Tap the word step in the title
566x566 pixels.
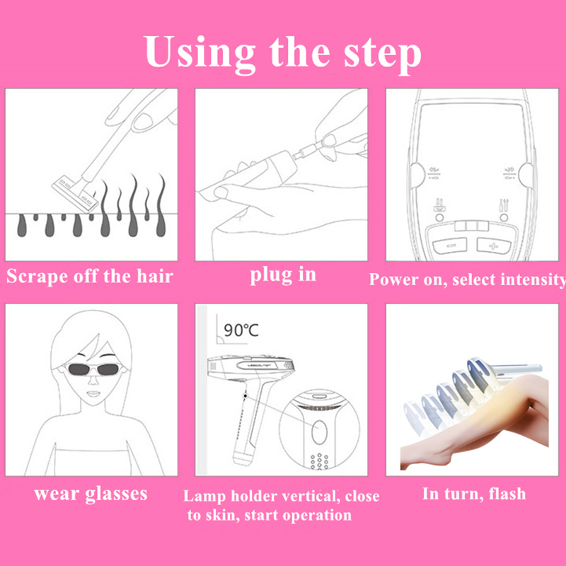pos(383,55)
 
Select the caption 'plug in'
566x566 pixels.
pos(283,276)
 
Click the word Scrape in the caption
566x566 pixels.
pos(37,277)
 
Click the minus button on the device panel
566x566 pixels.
pos(450,246)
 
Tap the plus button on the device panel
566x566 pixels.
pos(493,246)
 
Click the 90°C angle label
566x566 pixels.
pos(241,330)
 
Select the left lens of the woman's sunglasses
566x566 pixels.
pos(79,369)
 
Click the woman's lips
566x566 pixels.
pos(93,393)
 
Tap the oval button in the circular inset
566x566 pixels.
pos(319,432)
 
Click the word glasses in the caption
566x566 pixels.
pos(116,495)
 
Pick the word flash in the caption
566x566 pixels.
pos(507,493)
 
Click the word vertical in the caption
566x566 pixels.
pos(311,497)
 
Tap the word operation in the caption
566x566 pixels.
pos(317,516)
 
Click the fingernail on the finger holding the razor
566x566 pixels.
pos(143,120)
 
